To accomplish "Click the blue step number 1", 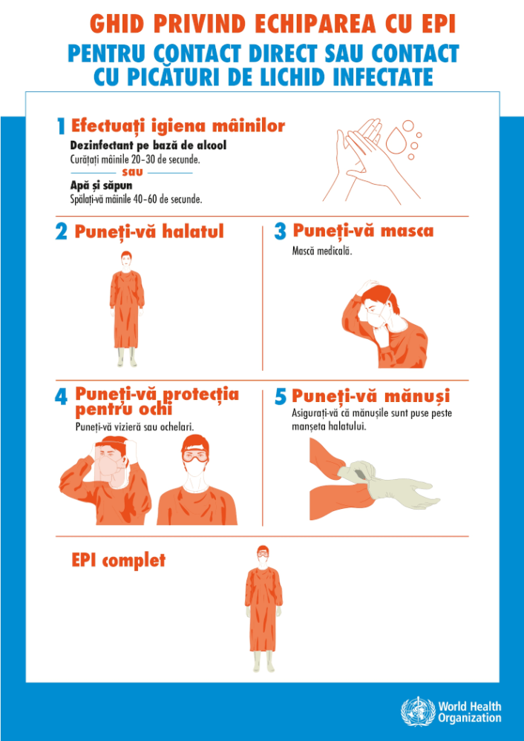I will pos(61,127).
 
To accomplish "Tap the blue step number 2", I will pos(62,232).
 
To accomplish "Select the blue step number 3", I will pos(280,231).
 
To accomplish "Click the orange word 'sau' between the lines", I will pos(132,172).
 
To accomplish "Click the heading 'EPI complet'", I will pos(118,560).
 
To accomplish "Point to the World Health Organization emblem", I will pos(418,712).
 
